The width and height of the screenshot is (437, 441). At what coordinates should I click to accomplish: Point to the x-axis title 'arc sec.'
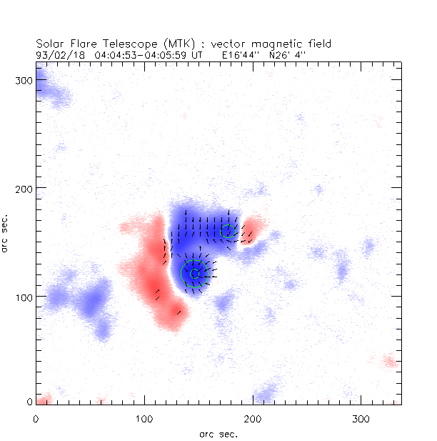tap(218, 433)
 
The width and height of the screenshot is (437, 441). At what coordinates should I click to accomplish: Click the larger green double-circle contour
tap(194, 273)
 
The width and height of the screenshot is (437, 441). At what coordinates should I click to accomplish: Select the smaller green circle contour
tap(228, 231)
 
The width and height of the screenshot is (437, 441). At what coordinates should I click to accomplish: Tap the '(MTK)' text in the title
tap(169, 44)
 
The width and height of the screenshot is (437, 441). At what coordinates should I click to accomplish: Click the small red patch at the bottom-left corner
tap(43, 398)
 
